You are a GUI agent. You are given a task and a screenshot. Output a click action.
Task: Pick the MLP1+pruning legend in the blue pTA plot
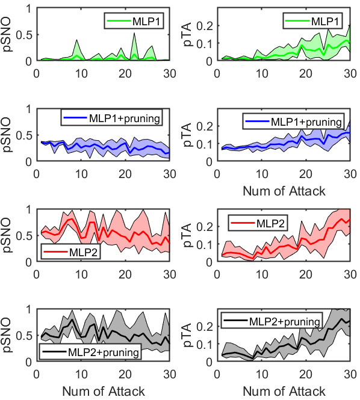(x=294, y=121)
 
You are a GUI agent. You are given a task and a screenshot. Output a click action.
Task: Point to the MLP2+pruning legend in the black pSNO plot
(x=90, y=351)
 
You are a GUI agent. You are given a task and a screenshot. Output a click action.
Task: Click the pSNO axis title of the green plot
(x=9, y=34)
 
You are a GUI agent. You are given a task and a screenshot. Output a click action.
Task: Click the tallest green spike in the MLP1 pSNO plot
(x=134, y=33)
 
